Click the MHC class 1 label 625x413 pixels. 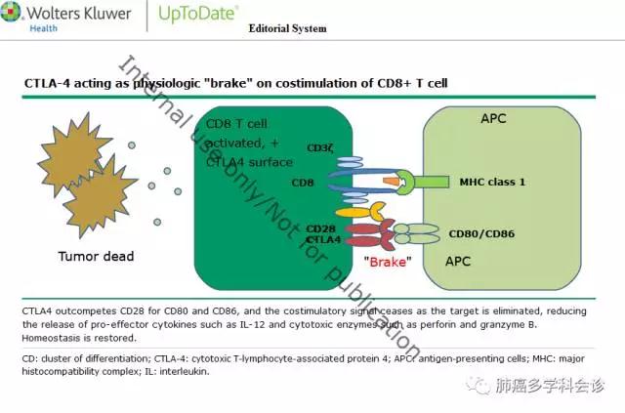point(493,182)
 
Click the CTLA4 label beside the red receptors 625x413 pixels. point(322,239)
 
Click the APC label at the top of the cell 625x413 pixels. point(493,118)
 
